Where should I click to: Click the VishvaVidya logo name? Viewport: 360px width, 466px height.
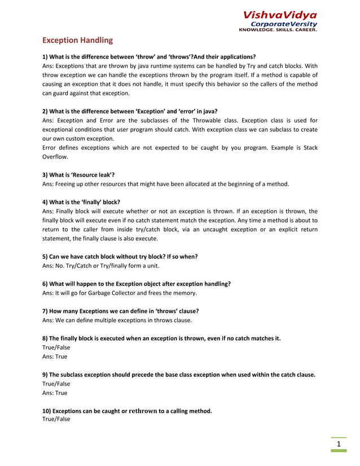(x=280, y=15)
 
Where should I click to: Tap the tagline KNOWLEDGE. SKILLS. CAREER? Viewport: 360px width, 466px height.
(x=278, y=30)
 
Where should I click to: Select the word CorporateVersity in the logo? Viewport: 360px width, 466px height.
(x=283, y=24)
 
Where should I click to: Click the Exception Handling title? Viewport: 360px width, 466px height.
(x=78, y=41)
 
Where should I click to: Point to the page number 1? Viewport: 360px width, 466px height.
(x=339, y=445)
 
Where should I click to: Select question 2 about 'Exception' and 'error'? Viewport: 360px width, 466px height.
(x=130, y=111)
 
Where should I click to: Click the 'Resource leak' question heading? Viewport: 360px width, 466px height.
(x=78, y=175)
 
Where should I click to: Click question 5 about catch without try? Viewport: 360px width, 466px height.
(x=120, y=256)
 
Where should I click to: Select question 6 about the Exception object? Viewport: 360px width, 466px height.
(x=136, y=284)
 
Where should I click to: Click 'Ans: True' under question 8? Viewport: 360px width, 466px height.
(x=55, y=357)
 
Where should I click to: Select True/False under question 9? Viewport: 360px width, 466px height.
(x=56, y=384)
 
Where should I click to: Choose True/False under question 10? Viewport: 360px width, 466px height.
(x=56, y=419)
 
